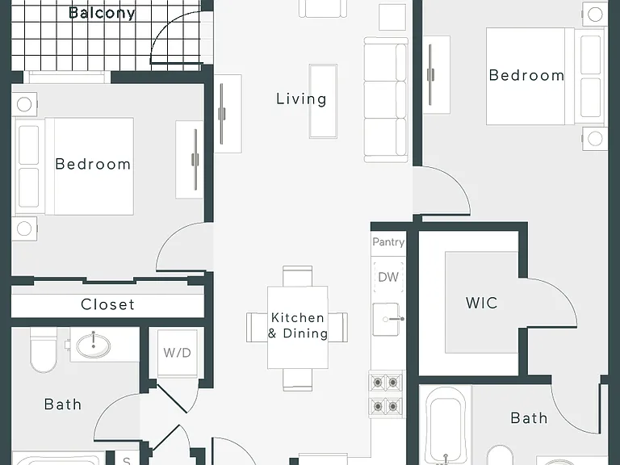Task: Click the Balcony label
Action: tap(102, 13)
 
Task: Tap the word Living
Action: tap(301, 98)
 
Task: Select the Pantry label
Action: tap(388, 241)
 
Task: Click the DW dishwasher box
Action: tap(388, 277)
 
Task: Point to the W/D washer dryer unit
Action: tap(177, 353)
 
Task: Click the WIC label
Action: tap(482, 303)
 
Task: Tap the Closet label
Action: tap(107, 304)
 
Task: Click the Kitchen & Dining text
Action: tap(298, 325)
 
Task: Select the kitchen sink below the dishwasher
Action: tap(387, 320)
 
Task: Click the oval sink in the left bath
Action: tap(94, 346)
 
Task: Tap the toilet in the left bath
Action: tap(44, 350)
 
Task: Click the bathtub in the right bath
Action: tap(446, 426)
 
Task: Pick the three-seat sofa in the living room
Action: tap(386, 99)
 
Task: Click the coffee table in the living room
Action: tap(323, 101)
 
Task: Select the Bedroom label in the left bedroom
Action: tap(93, 164)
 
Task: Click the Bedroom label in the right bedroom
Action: tap(526, 75)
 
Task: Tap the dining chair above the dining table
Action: tap(298, 276)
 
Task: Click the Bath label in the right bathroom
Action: tap(529, 418)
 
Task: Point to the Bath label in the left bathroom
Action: tap(63, 404)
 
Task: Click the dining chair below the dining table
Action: tap(298, 379)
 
